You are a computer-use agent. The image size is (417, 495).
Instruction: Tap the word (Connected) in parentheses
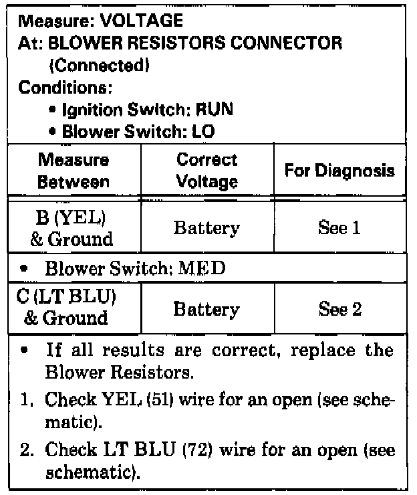point(98,66)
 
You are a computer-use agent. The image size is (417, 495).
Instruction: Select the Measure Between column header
point(74,171)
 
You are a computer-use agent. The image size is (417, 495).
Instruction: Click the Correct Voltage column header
point(206,171)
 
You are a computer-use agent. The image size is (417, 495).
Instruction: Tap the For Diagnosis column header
point(339,171)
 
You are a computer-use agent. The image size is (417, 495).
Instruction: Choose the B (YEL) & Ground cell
point(74,227)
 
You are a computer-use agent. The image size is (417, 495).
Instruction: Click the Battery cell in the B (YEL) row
point(206,228)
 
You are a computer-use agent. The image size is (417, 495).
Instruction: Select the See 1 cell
point(339,228)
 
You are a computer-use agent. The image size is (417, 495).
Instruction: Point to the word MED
point(208,269)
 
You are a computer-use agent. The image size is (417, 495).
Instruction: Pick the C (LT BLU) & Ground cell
point(74,308)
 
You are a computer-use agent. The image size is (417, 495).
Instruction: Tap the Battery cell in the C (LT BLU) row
point(206,309)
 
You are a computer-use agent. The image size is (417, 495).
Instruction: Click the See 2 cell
point(339,309)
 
